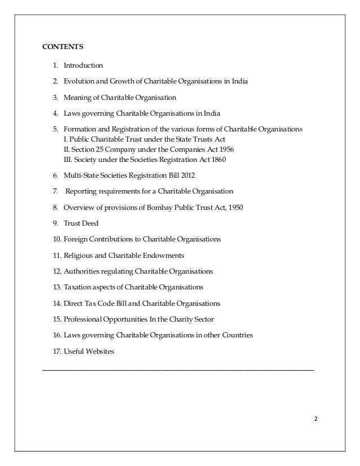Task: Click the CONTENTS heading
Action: [63, 46]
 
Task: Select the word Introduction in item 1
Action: [83, 65]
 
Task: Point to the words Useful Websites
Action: [89, 351]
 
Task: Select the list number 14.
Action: [56, 303]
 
